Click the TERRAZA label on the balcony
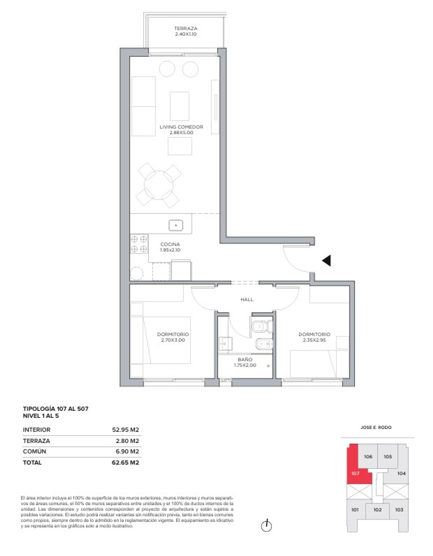pos(186,28)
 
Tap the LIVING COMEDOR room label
pos(181,127)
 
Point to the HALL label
pos(247,299)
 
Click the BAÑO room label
pos(245,360)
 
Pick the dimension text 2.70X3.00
pos(173,340)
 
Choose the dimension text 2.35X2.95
pos(314,340)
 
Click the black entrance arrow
pos(327,261)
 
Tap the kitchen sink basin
pos(176,226)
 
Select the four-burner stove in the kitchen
pos(139,244)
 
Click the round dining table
pos(159,185)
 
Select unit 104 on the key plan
pos(401,473)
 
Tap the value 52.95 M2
pos(125,430)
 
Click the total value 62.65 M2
pos(125,463)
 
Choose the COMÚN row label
pos(35,451)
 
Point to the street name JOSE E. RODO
pos(376,427)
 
